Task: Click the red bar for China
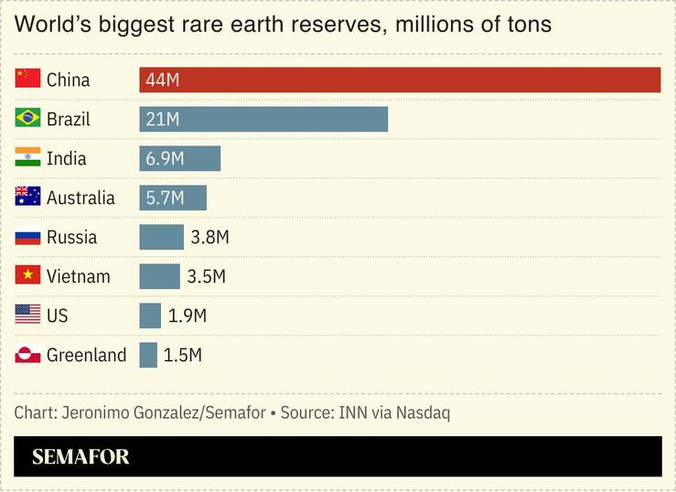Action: coord(400,80)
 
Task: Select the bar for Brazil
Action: coord(263,119)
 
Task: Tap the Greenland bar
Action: coord(148,355)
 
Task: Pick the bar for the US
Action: coord(150,316)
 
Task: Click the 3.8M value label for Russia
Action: coord(209,237)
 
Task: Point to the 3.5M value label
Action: coord(206,276)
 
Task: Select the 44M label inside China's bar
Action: coord(162,80)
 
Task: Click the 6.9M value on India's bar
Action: coord(165,158)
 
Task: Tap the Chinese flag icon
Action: coord(28,79)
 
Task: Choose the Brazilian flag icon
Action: coord(28,118)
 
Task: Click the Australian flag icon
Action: coord(28,197)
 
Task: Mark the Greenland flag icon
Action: coord(28,354)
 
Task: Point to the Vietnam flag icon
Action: coord(28,275)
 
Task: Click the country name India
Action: coord(66,158)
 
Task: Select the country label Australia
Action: coord(80,198)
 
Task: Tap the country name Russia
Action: coord(71,237)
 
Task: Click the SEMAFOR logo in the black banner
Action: coord(80,456)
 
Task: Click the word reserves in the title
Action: coord(336,24)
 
